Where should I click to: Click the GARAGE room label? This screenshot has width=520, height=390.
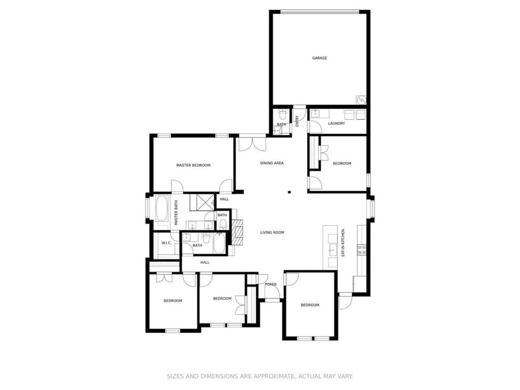coord(319,58)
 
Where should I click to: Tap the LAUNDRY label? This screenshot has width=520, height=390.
coord(336,123)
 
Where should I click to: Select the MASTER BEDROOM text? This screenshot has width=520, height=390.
coord(193,165)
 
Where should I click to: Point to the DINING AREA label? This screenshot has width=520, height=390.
coord(272,163)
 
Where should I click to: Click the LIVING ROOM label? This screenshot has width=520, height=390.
coord(272,233)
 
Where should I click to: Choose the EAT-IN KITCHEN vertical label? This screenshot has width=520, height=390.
coord(343,243)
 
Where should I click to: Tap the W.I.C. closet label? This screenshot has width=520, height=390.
coord(166,243)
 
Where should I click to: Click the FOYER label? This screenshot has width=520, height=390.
coord(271,284)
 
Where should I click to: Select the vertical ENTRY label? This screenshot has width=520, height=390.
coord(297,121)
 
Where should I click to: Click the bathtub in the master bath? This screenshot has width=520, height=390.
coord(162,209)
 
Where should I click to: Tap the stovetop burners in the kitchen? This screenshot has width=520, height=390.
coord(362,250)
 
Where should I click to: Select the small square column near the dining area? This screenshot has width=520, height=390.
coord(289,191)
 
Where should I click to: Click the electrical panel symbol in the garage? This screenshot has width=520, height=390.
coord(361,100)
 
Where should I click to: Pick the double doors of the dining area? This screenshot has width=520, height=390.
coord(252,143)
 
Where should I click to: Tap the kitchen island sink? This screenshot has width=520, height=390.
coord(332,249)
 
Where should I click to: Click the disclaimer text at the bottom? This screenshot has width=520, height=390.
coord(259,376)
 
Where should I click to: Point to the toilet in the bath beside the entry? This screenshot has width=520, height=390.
coord(282,115)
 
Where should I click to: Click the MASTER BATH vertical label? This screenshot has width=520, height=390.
coord(176,213)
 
